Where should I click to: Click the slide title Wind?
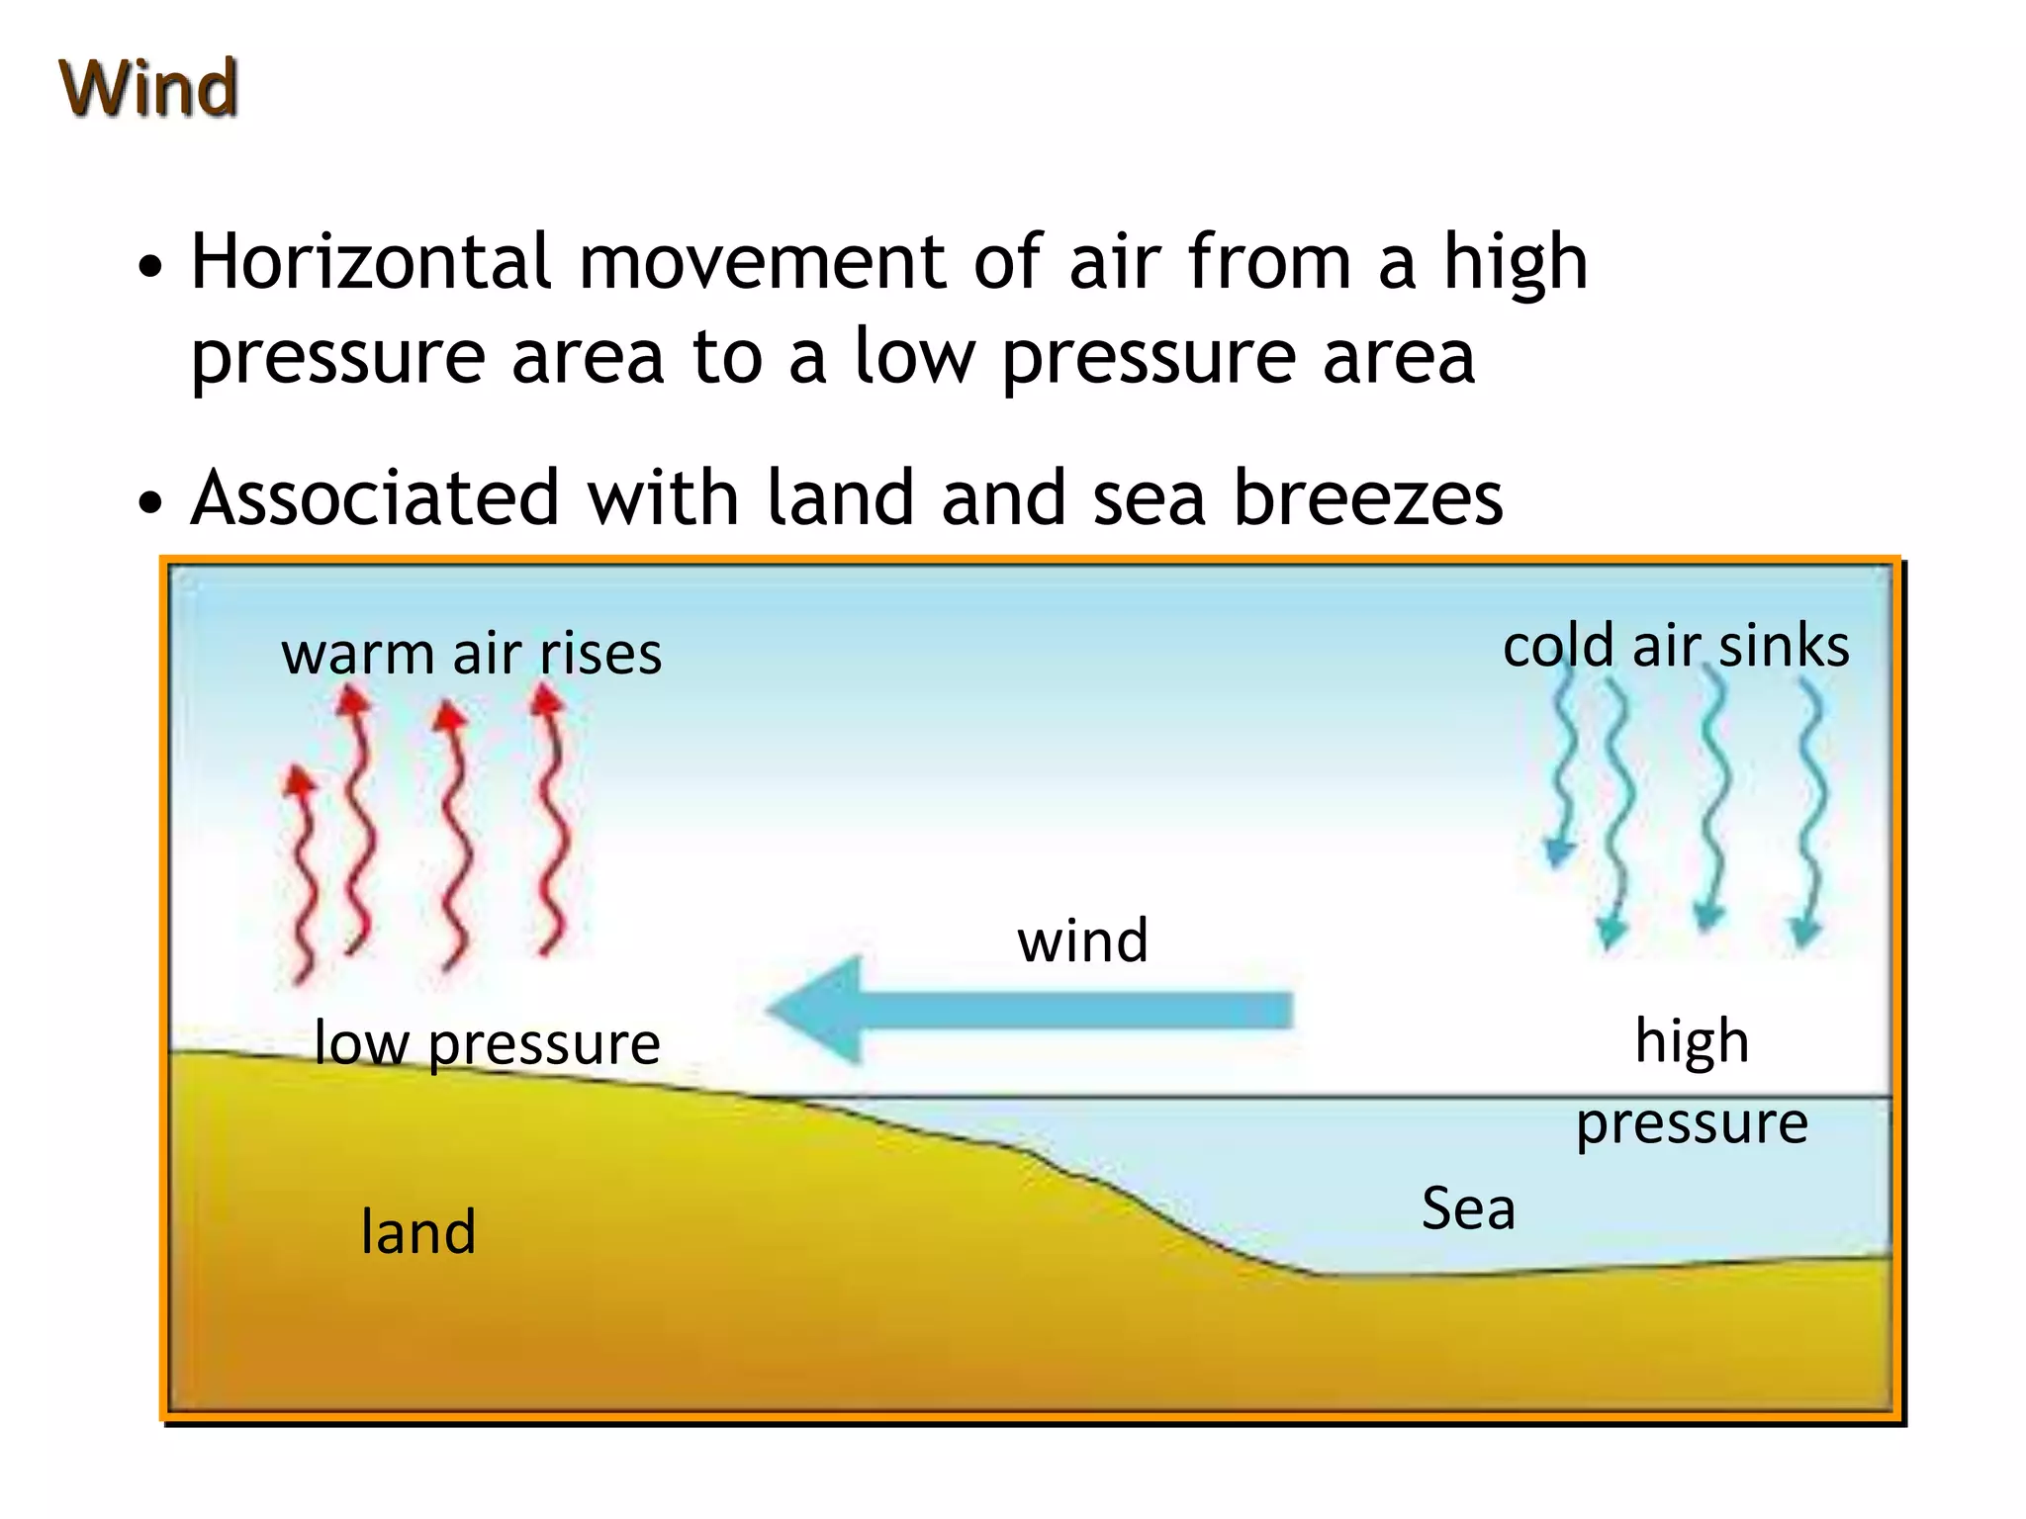[148, 88]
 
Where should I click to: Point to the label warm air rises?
[471, 654]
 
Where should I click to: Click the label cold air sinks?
[1676, 646]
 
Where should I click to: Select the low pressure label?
[487, 1043]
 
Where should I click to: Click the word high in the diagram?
[1692, 1040]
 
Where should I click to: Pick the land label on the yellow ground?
[417, 1232]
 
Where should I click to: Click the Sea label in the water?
[1468, 1208]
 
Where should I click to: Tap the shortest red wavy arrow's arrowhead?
[299, 780]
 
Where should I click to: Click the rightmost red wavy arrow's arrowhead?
[546, 699]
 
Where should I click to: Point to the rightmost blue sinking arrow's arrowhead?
[1806, 932]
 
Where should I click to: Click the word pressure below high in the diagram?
[1692, 1123]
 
